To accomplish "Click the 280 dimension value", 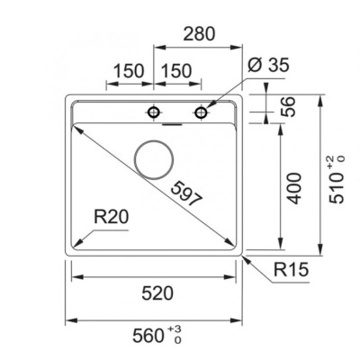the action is pyautogui.click(x=199, y=33).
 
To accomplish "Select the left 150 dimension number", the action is pyautogui.click(x=129, y=71).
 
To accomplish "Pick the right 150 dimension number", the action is pyautogui.click(x=176, y=71).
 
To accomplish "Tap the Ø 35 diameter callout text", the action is pyautogui.click(x=268, y=65).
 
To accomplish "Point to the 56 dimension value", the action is pyautogui.click(x=288, y=106).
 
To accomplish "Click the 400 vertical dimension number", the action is pyautogui.click(x=292, y=188).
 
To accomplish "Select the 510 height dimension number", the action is pyautogui.click(x=337, y=188).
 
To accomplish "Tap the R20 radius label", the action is pyautogui.click(x=112, y=217).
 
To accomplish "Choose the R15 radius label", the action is pyautogui.click(x=291, y=269).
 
